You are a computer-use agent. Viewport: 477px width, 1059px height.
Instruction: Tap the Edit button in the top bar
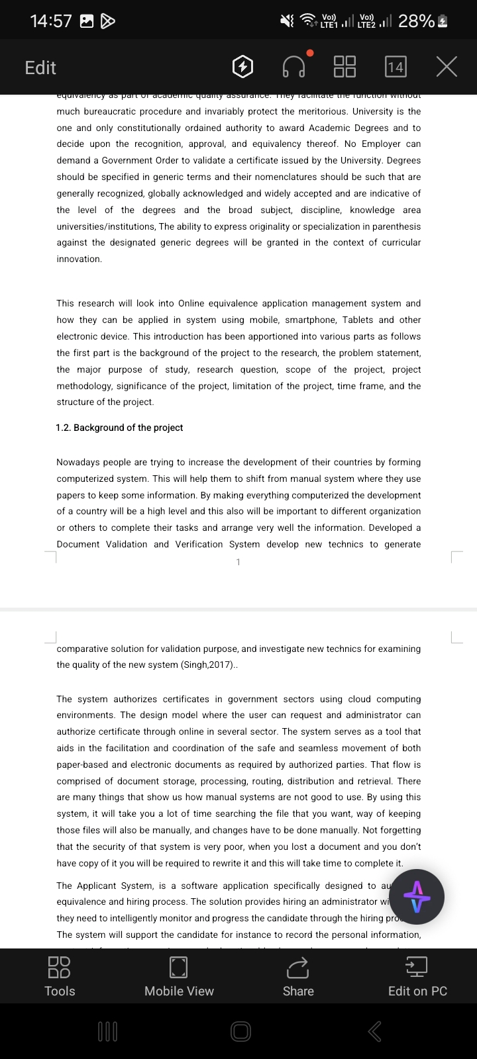pos(40,68)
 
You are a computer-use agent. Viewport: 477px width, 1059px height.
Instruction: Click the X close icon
pos(447,67)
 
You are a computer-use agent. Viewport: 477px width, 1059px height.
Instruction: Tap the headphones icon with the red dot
pos(294,67)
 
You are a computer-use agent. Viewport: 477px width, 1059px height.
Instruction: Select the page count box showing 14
pos(396,67)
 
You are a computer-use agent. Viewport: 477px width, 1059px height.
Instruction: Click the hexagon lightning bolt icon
pos(243,67)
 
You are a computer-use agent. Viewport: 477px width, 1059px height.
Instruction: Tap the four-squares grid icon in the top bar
pos(344,67)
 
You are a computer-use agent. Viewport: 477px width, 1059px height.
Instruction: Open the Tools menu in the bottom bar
pos(60,976)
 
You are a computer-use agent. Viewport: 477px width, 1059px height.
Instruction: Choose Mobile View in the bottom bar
pos(179,976)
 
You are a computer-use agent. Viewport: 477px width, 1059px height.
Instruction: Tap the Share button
pos(298,976)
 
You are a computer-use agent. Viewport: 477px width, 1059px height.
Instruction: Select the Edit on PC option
pos(417,976)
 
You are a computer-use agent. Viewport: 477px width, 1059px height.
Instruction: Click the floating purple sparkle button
pos(417,897)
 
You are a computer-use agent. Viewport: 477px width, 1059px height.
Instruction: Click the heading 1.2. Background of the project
pos(119,428)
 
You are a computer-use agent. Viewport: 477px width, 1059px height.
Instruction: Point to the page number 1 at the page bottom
pos(238,562)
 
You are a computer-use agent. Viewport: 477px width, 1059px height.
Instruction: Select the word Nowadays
pos(80,462)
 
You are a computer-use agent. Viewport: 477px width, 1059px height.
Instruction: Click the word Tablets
pos(358,320)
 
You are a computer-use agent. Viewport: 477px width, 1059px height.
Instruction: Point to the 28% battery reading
pos(416,21)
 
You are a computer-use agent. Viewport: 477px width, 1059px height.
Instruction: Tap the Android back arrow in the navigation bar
pos(374,1031)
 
